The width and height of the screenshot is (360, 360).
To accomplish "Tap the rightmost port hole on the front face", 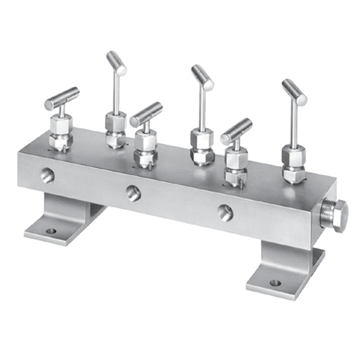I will pyautogui.click(x=225, y=211).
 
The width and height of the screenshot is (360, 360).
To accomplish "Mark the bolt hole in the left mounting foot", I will pyautogui.click(x=50, y=232).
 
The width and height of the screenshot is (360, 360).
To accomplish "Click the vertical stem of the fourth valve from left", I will pyautogui.click(x=197, y=108).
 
